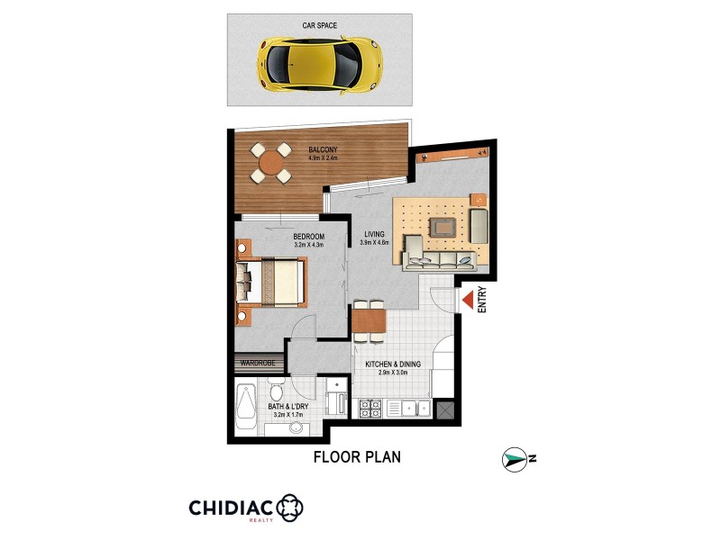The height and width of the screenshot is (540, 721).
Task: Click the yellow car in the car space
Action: pos(319,61)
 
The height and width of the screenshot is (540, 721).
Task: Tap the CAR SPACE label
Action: pos(319,26)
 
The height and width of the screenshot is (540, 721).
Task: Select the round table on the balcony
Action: pos(269,163)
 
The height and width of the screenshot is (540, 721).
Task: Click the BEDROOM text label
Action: pos(308,237)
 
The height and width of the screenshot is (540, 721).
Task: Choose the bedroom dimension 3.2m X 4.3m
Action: pos(308,245)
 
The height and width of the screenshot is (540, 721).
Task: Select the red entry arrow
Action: pos(468,299)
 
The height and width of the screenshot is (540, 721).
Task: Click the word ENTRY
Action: pos(482,299)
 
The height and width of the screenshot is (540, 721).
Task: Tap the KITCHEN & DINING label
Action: pos(393,364)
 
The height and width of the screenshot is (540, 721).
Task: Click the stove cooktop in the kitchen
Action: pos(370,409)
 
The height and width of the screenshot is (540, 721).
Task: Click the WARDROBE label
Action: pos(259,364)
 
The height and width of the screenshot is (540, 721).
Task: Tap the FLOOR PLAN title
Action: pos(357,456)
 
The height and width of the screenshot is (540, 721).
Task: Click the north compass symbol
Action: pos(515,459)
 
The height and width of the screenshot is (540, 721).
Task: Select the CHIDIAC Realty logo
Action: pos(245,508)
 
